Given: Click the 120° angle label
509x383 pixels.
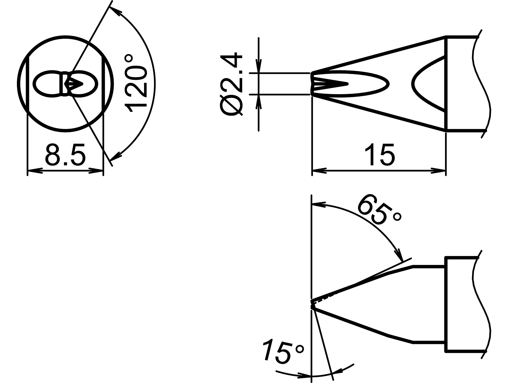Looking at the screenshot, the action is point(136,84).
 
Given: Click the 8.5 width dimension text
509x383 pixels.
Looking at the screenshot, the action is point(65,155).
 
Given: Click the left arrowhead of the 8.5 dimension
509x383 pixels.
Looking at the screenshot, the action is point(33,171).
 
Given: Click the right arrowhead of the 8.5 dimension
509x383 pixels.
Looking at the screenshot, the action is point(97,171).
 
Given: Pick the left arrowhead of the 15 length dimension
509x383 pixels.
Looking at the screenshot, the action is point(318,171).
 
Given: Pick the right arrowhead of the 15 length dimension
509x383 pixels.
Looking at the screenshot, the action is point(439,171).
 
